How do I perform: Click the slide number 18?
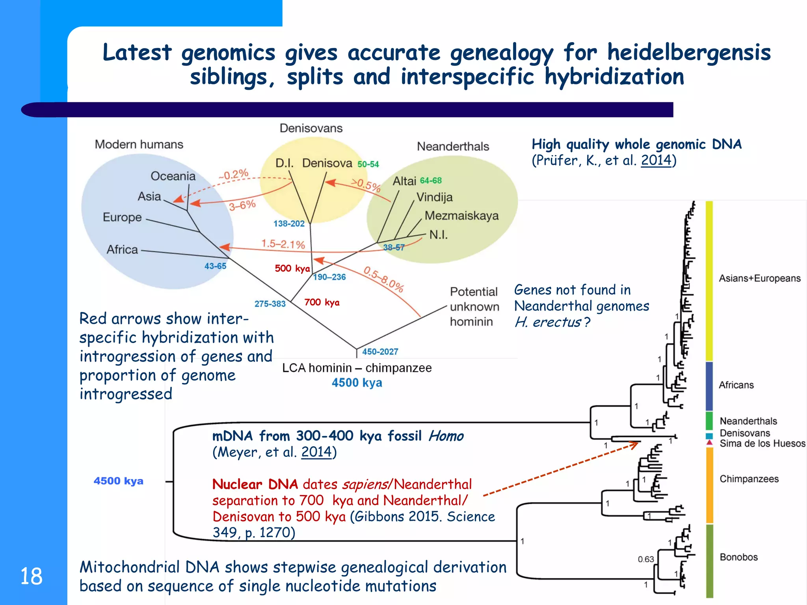point(31,576)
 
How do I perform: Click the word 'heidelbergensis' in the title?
point(688,52)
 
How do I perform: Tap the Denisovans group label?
point(311,128)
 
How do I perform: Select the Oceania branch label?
point(173,176)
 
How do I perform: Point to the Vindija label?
point(435,197)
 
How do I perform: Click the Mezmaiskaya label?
point(461,216)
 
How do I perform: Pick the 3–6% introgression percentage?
point(242,205)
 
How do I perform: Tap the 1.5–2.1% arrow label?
point(283,244)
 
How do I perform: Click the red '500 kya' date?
point(292,269)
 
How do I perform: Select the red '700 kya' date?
point(322,302)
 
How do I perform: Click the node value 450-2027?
point(380,351)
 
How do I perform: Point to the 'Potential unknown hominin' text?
point(474,306)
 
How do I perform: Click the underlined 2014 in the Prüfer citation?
point(656,160)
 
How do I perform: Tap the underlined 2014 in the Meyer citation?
point(316,452)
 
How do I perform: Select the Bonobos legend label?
point(738,557)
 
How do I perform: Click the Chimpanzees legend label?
point(749,479)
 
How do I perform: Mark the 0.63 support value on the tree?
point(645,559)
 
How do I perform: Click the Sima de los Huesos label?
point(762,444)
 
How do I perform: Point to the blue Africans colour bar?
point(709,386)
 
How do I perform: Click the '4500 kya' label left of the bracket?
point(118,481)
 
